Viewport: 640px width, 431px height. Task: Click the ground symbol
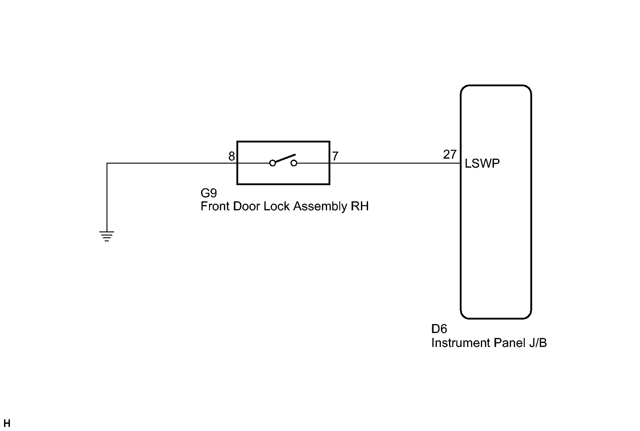coord(107,236)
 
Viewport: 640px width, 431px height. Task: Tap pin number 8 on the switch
coord(231,156)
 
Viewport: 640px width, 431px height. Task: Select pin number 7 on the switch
coord(335,156)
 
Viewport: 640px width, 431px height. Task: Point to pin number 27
coord(449,155)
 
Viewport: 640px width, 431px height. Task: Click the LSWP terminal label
coord(482,164)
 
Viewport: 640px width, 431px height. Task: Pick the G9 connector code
coord(209,193)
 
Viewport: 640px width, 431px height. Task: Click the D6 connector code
coord(439,329)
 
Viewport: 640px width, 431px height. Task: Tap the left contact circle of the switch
coord(272,163)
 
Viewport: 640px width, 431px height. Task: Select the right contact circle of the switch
coord(294,163)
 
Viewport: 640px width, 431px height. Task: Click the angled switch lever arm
coord(284,159)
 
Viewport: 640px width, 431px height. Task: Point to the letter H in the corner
coord(7,423)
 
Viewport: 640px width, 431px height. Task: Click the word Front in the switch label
coord(215,206)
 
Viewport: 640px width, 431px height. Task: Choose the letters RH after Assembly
coord(360,206)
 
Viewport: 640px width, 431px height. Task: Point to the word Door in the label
coord(246,206)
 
